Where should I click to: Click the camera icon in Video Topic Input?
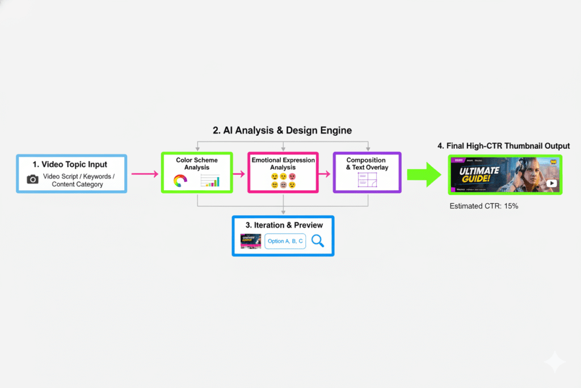[33, 180]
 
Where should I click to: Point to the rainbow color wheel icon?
[180, 182]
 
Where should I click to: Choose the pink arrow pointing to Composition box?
[325, 173]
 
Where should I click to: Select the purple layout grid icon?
[366, 181]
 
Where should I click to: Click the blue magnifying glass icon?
[318, 241]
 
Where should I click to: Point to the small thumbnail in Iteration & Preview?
[250, 241]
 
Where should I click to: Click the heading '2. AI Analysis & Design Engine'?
[282, 131]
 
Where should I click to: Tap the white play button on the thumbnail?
[551, 183]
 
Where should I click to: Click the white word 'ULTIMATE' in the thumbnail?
[479, 171]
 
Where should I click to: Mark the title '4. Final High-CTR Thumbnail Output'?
[503, 146]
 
